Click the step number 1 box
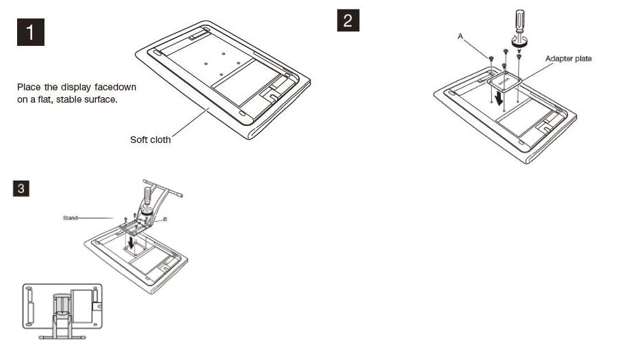(30, 32)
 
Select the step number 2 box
(348, 21)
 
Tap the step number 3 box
(22, 188)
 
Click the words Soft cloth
(151, 140)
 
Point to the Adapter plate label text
(568, 59)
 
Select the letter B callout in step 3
(165, 220)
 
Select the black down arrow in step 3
(131, 243)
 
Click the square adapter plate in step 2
(505, 82)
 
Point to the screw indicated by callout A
(491, 60)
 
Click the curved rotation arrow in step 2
(519, 40)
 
